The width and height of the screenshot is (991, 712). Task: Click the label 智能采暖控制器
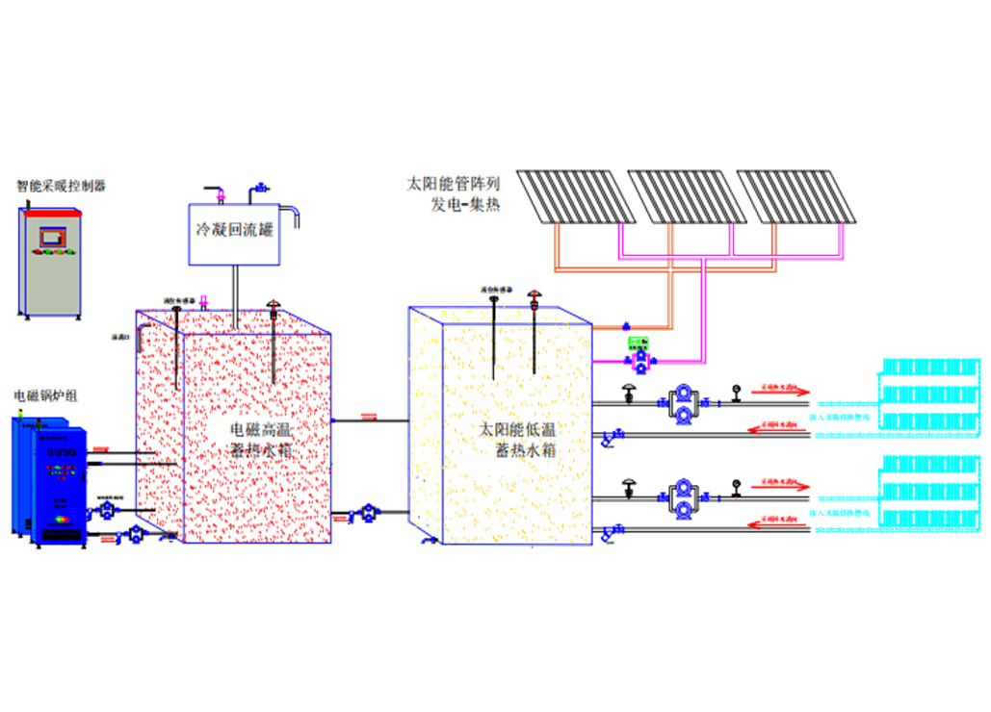[60, 186]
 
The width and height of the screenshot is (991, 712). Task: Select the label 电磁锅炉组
[45, 395]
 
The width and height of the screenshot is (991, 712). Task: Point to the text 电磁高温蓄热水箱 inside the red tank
[260, 440]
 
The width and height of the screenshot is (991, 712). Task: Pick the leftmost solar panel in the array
[576, 196]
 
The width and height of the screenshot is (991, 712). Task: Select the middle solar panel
[687, 196]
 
